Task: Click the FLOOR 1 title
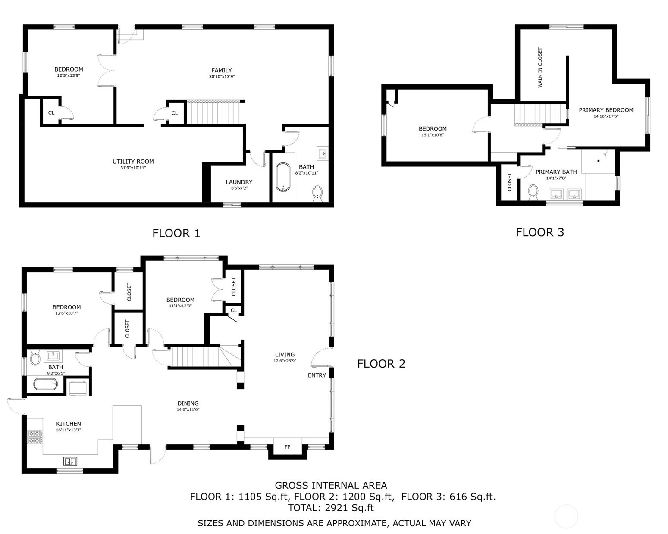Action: pyautogui.click(x=176, y=233)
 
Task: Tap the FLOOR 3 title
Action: pyautogui.click(x=540, y=232)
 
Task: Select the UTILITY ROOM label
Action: pyautogui.click(x=133, y=161)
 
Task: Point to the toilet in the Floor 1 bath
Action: pyautogui.click(x=317, y=193)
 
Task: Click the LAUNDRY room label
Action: pyautogui.click(x=239, y=182)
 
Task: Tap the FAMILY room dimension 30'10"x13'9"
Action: pyautogui.click(x=222, y=77)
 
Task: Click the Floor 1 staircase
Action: pyautogui.click(x=214, y=112)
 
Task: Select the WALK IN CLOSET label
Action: pyautogui.click(x=540, y=68)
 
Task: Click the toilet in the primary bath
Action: pyautogui.click(x=533, y=192)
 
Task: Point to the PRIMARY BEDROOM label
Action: pyautogui.click(x=606, y=110)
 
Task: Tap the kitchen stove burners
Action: pyautogui.click(x=34, y=437)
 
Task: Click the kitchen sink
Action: pyautogui.click(x=70, y=462)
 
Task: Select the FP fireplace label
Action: pyautogui.click(x=288, y=447)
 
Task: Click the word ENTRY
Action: pyautogui.click(x=317, y=375)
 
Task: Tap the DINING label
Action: pyautogui.click(x=188, y=403)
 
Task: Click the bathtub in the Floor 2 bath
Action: pyautogui.click(x=45, y=384)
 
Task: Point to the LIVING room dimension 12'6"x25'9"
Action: pyautogui.click(x=285, y=361)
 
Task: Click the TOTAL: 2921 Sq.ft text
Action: pyautogui.click(x=331, y=508)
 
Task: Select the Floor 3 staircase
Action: pyautogui.click(x=540, y=115)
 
